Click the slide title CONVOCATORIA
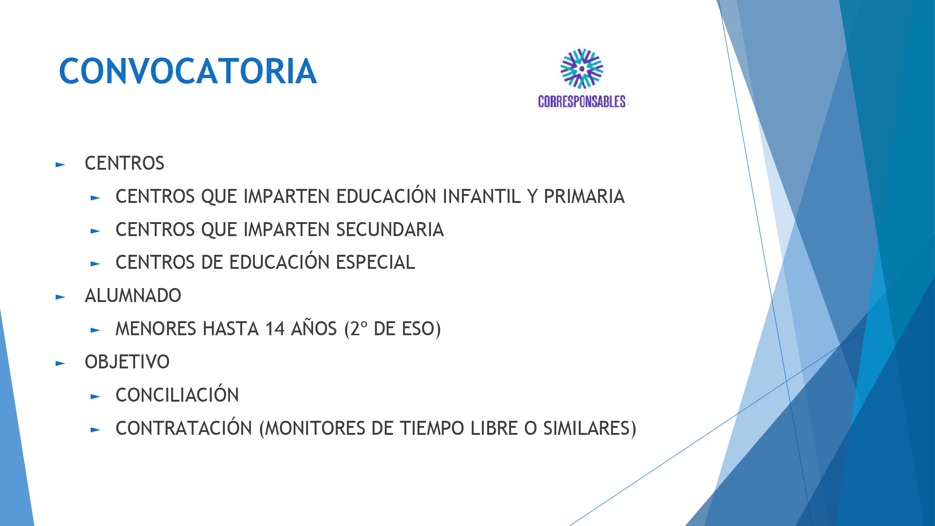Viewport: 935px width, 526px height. (x=188, y=71)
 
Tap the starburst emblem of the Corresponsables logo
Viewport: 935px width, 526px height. (x=582, y=69)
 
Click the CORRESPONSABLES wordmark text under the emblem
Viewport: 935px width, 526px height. (x=582, y=101)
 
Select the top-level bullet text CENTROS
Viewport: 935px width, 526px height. (x=124, y=163)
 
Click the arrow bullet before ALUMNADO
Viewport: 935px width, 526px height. (x=60, y=297)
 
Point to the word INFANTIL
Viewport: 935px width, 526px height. (x=482, y=196)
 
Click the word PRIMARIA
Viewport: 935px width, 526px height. (x=584, y=196)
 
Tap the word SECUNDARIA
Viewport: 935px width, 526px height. (x=390, y=230)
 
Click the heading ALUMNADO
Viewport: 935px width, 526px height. (x=133, y=295)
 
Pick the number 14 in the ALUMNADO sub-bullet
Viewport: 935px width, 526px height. (x=275, y=329)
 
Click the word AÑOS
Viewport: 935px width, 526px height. (x=314, y=328)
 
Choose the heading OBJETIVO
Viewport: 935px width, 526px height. (x=127, y=362)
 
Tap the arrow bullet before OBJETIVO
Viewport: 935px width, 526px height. (x=60, y=363)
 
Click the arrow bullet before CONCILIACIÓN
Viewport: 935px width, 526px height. (x=95, y=396)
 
